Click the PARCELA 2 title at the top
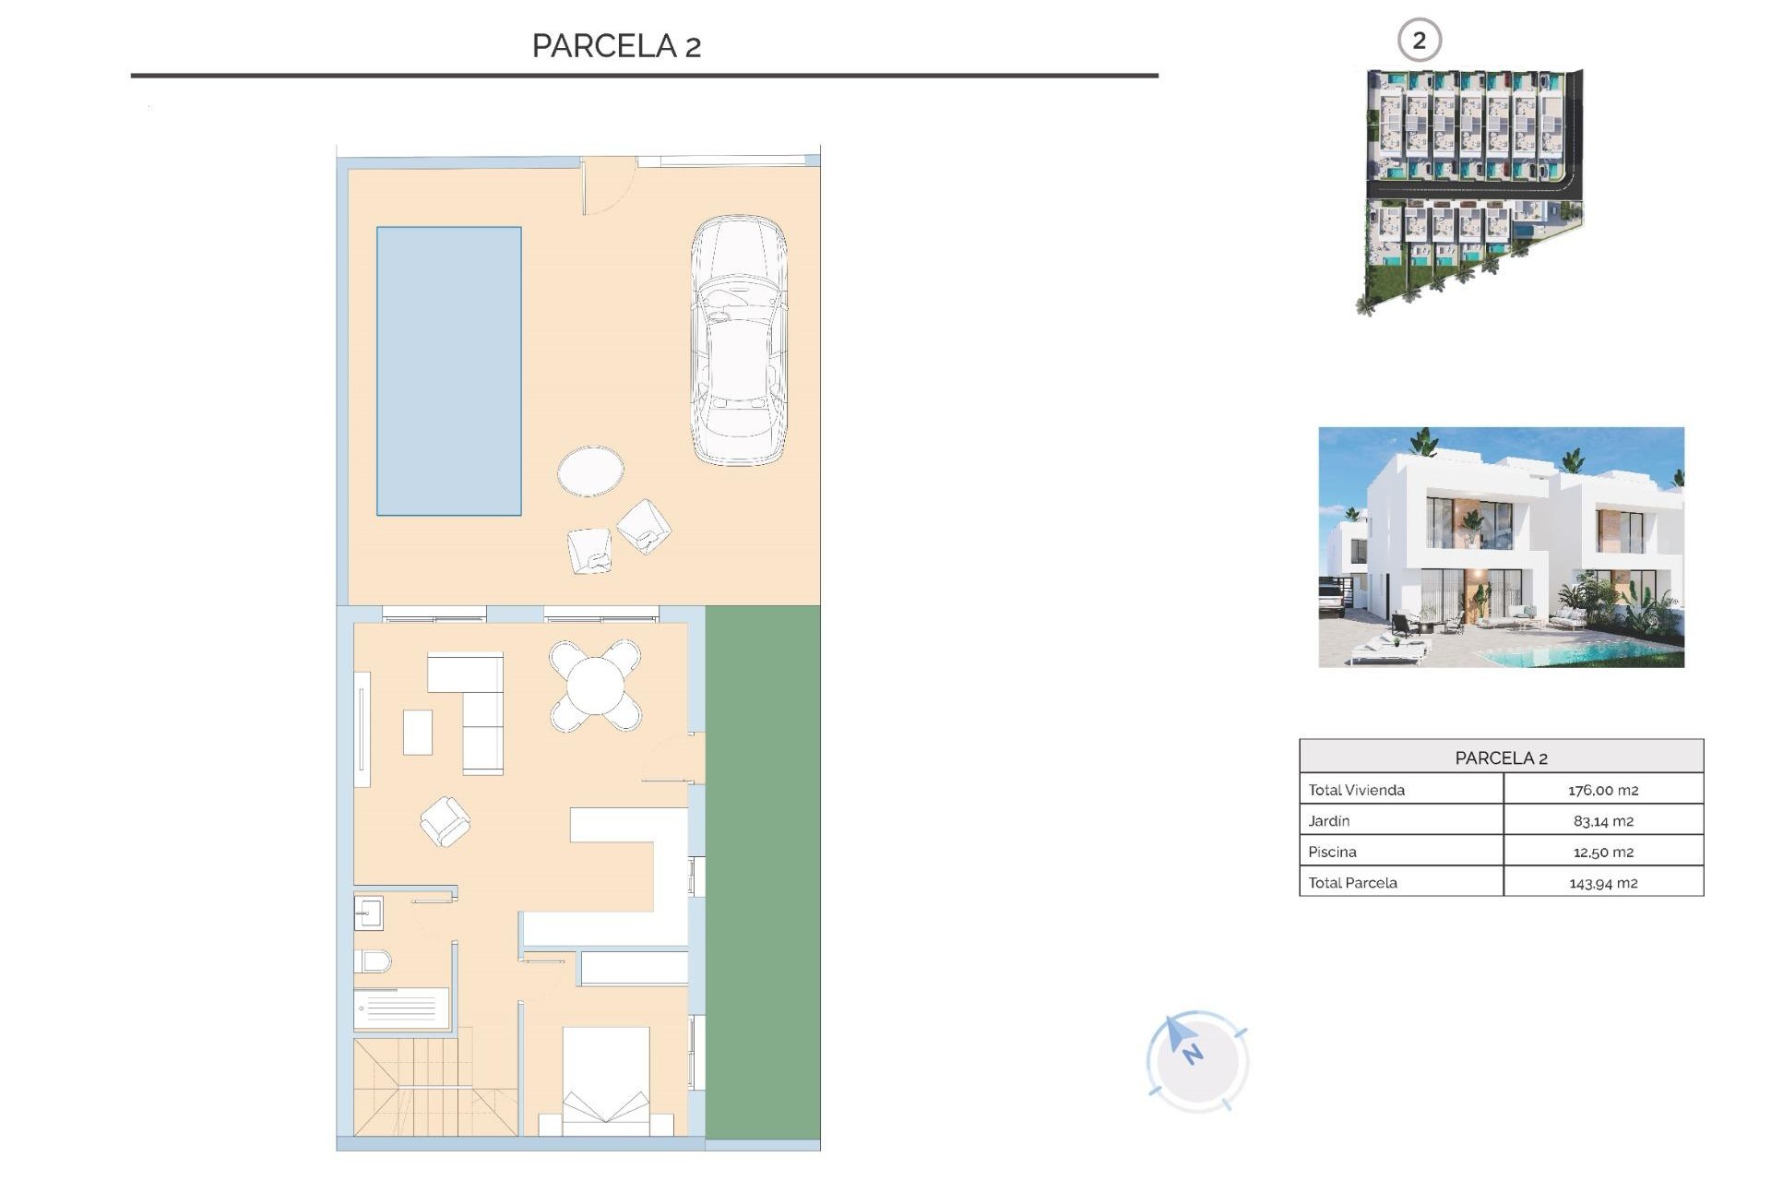pyautogui.click(x=616, y=46)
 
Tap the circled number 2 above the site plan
pyautogui.click(x=1419, y=41)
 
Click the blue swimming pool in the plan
pyautogui.click(x=448, y=371)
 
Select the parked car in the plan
pyautogui.click(x=739, y=340)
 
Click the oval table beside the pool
pyautogui.click(x=590, y=471)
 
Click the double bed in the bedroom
pyautogui.click(x=605, y=1081)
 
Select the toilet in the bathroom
pyautogui.click(x=373, y=961)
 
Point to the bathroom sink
pyautogui.click(x=368, y=913)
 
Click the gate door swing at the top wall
pyautogui.click(x=607, y=185)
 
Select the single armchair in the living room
pyautogui.click(x=446, y=821)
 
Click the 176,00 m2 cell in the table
pyautogui.click(x=1602, y=790)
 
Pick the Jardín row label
pyautogui.click(x=1329, y=820)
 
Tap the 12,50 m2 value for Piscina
pyautogui.click(x=1602, y=852)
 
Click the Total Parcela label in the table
pyautogui.click(x=1352, y=882)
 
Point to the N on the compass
pyautogui.click(x=1193, y=1054)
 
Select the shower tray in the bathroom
pyautogui.click(x=402, y=1008)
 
